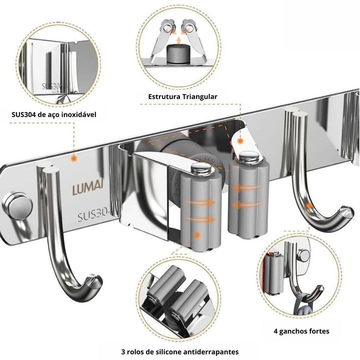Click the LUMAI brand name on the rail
88,190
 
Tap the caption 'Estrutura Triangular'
183,96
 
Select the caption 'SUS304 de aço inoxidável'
54,114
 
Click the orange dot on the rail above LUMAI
74,158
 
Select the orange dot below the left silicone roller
197,234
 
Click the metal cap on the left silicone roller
202,168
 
